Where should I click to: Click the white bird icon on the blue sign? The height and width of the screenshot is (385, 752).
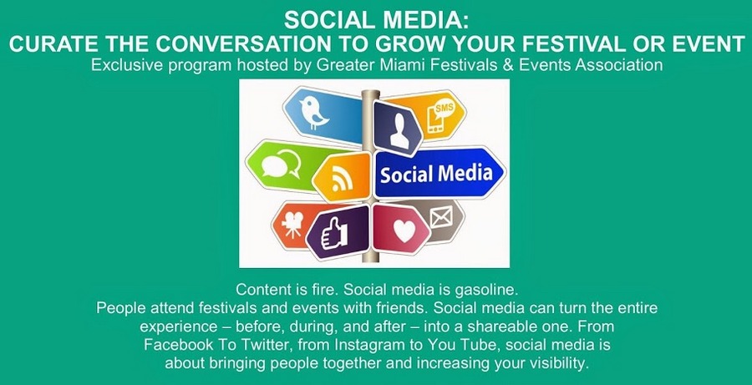tap(315, 112)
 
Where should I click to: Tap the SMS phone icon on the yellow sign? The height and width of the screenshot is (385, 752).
tap(439, 117)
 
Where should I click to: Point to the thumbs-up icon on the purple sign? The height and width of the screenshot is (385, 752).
tap(333, 232)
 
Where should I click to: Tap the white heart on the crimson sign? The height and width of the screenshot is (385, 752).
tap(404, 230)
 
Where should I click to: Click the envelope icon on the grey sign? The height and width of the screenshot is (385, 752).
tap(441, 216)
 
